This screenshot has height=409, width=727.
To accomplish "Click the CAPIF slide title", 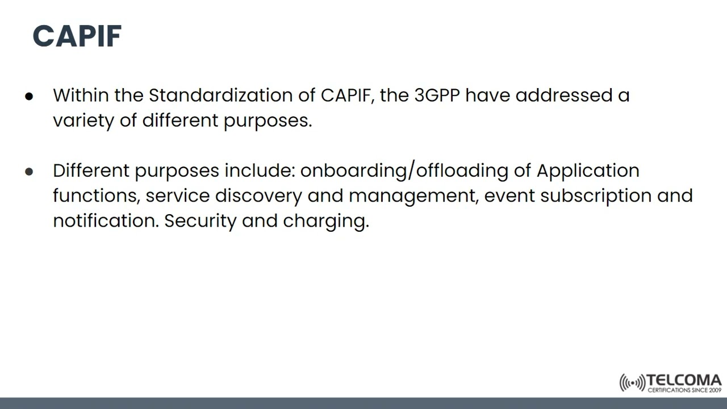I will coord(77,36).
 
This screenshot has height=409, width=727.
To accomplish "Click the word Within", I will coord(81,95).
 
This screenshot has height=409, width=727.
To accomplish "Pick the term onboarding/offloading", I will coord(404,170).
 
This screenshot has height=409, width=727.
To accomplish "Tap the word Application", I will coord(588,170).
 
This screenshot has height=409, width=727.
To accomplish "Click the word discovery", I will coord(258,195).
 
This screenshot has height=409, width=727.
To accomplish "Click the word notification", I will coord(106,220).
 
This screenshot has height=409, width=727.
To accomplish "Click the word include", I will coord(260,170).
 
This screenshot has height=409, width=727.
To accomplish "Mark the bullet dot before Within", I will coord(30,97).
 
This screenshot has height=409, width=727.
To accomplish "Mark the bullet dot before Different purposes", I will coord(30,172).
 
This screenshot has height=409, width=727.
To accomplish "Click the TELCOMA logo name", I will coord(684,380).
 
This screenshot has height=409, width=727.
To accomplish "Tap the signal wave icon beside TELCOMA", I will coord(632,383).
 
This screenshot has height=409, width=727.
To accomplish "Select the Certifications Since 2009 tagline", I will coord(684,390).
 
